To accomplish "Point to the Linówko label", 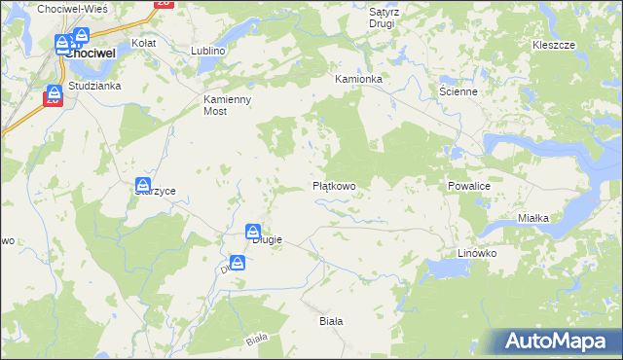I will [x=477, y=253].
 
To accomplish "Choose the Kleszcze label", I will [x=554, y=46].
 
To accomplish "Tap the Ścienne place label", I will [x=457, y=91].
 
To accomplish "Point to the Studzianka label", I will [x=94, y=86].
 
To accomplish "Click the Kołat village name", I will [x=144, y=44].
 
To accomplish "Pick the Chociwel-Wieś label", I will [x=72, y=8].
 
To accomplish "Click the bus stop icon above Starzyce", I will [x=143, y=185].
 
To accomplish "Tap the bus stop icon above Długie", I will [x=252, y=232].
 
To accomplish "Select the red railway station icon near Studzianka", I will [x=54, y=95].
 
